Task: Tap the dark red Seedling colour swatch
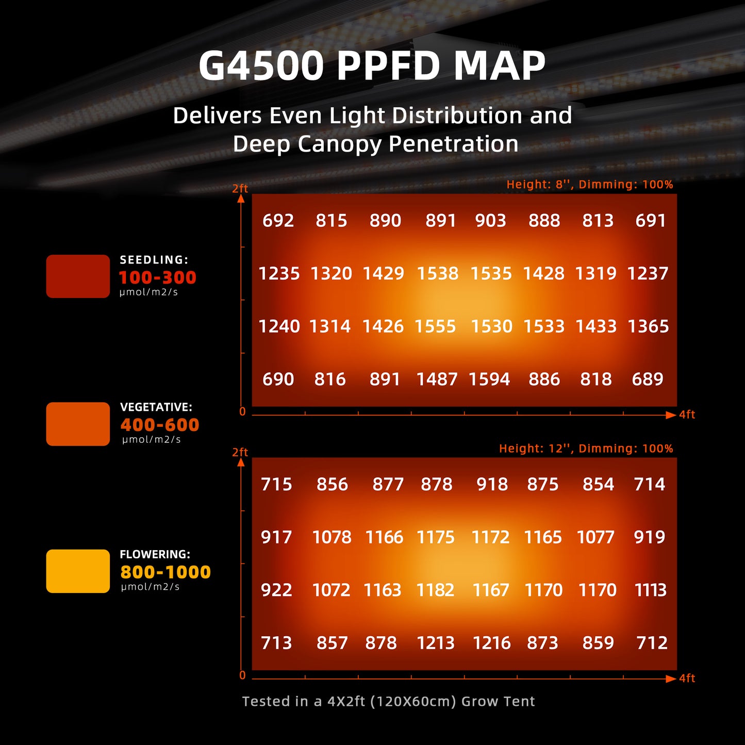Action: pos(78,276)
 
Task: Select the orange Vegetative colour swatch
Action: pos(78,424)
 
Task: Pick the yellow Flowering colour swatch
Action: pos(78,571)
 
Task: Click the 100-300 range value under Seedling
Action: pos(157,277)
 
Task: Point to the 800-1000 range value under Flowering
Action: pos(165,572)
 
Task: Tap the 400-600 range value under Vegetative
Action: pos(159,425)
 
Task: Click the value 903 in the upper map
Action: pos(490,221)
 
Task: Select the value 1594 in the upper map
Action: pos(489,379)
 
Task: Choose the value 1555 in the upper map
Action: pos(435,326)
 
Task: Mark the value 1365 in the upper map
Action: pos(648,326)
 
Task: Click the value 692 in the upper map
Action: pos(278,221)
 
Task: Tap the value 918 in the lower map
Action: pos(492,485)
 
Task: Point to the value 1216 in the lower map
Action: pos(491,643)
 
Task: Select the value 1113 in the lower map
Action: pos(650,590)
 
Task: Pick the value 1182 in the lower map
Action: pos(435,590)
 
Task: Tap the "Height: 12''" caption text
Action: pos(536,449)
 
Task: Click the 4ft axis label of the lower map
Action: pos(687,678)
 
